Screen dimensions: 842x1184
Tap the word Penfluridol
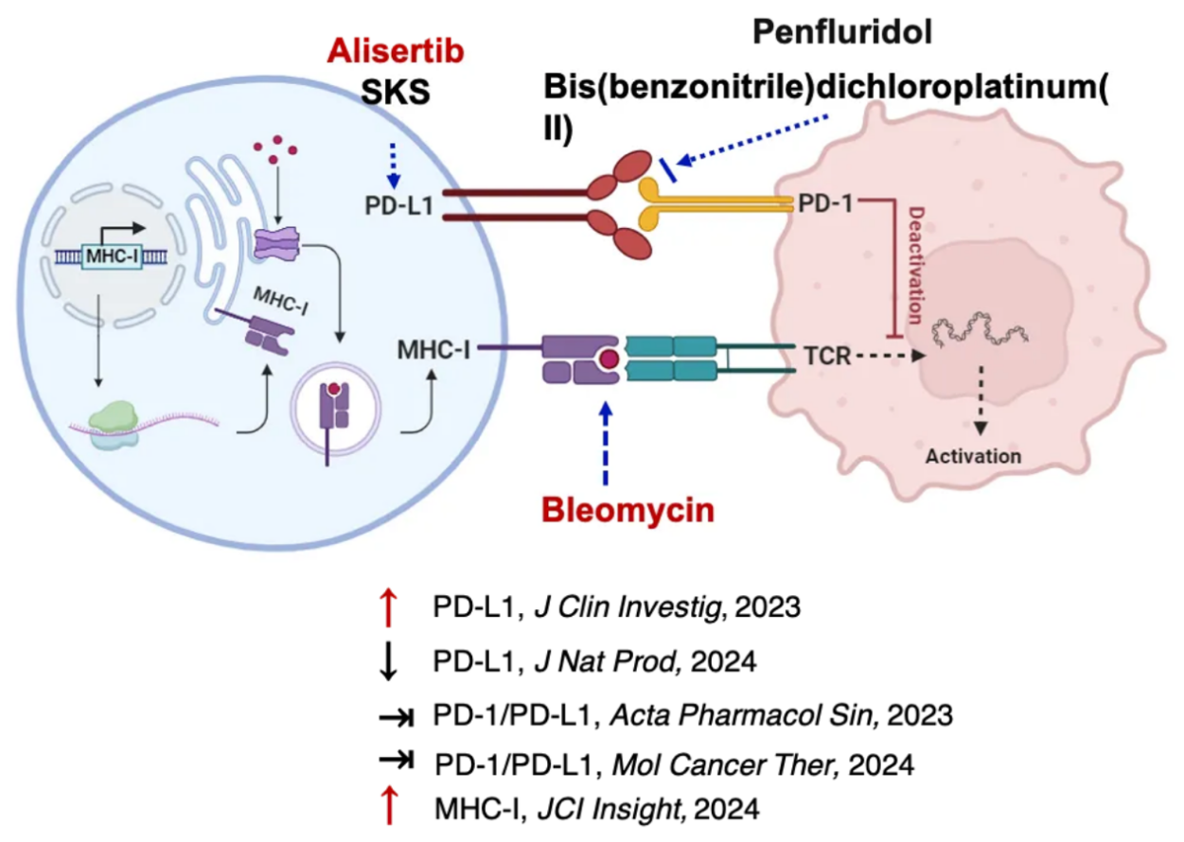[x=842, y=33]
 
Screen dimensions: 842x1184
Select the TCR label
[x=823, y=357]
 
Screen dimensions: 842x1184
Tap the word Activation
[x=973, y=456]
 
